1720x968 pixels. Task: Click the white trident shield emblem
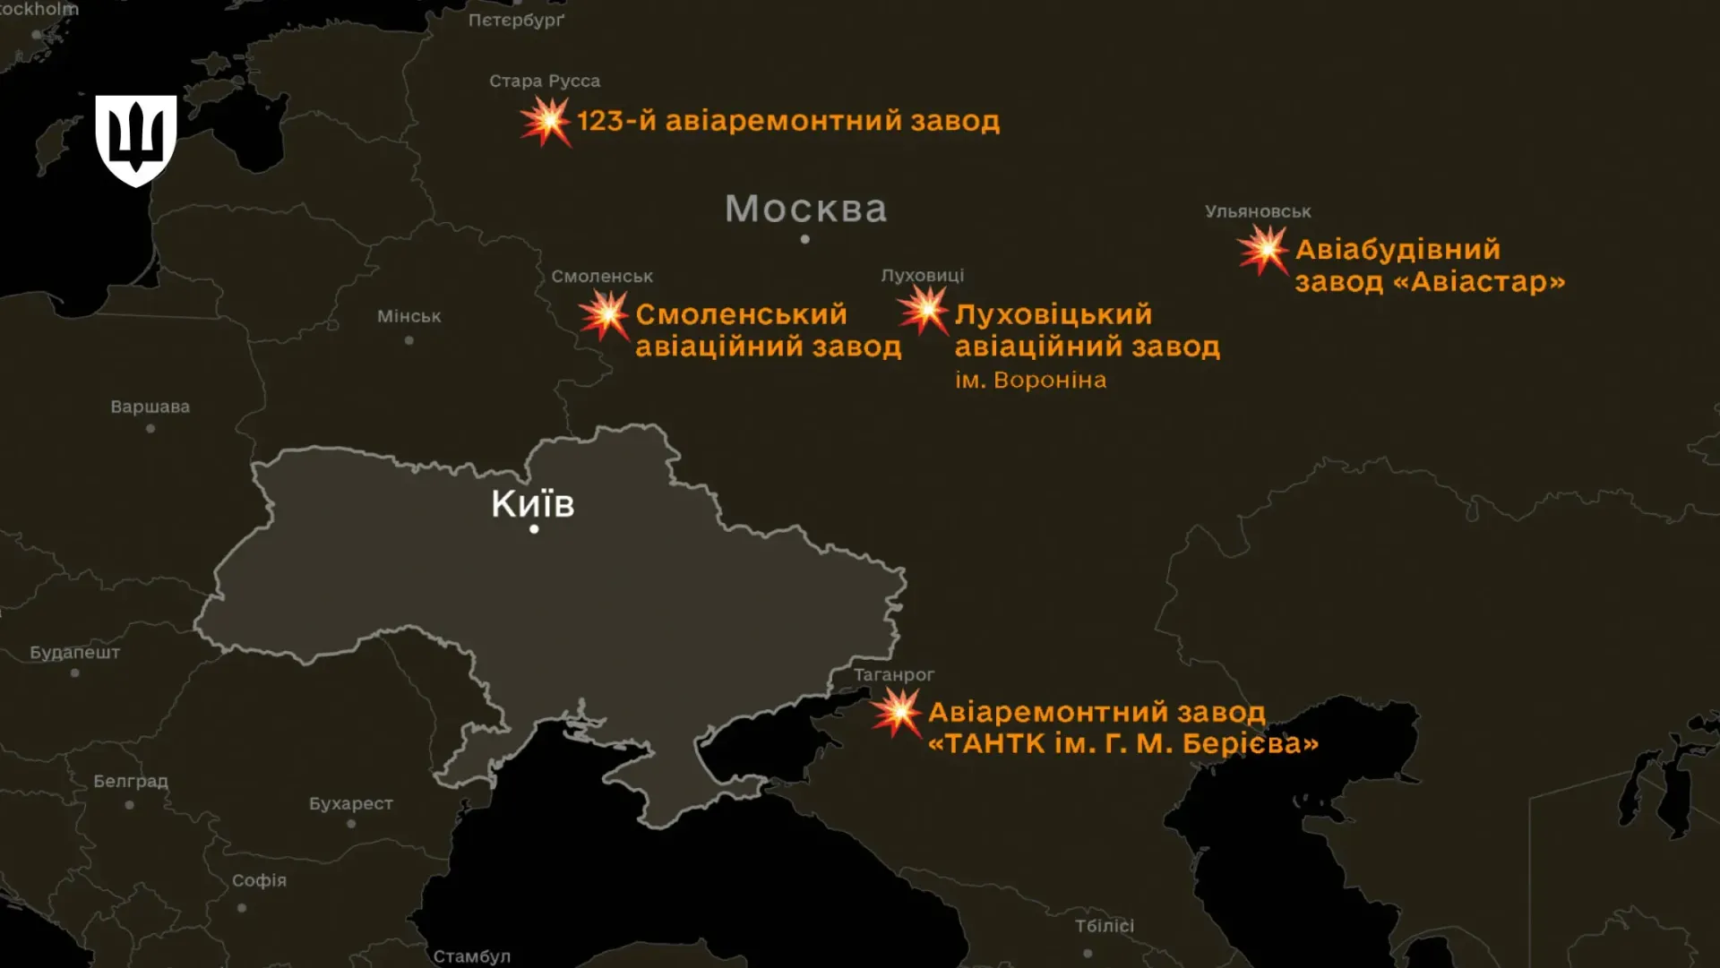point(136,140)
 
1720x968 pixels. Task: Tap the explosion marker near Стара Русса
point(545,122)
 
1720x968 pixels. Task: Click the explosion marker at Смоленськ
point(605,315)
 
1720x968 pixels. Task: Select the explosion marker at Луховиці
point(924,311)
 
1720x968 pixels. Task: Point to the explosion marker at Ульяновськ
point(1263,250)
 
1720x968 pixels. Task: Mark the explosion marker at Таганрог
point(897,714)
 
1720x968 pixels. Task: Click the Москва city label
point(805,210)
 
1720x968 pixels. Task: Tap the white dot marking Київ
point(534,529)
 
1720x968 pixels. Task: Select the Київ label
point(533,504)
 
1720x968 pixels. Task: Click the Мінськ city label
point(409,317)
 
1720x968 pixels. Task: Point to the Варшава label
point(150,407)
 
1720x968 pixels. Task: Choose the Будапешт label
point(75,653)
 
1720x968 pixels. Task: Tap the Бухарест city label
point(351,804)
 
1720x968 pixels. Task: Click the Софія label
point(260,881)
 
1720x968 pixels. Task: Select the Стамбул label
point(472,957)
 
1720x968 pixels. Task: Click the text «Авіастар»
point(1480,283)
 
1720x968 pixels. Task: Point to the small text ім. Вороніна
point(1030,381)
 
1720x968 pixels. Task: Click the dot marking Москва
point(805,239)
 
